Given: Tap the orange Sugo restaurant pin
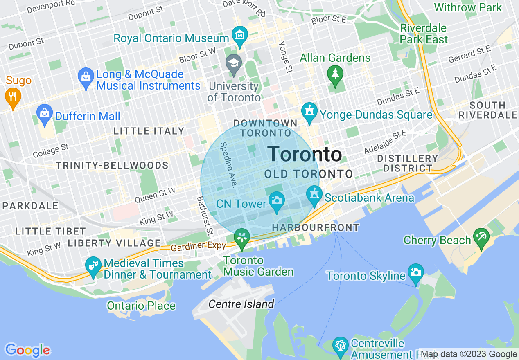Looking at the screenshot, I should [13, 97].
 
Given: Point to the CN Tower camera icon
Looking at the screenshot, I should [277, 200].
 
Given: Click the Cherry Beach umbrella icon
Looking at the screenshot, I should [481, 237].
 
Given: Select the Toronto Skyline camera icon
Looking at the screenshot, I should [415, 273].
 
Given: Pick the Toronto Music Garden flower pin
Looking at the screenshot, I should [242, 238].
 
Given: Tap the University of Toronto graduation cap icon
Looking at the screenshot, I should [234, 64].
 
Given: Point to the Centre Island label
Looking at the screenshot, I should [241, 304].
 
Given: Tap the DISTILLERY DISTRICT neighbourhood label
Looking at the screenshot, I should [407, 163].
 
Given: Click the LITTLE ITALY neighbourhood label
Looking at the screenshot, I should [149, 131].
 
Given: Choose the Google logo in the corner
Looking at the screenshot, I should [27, 350].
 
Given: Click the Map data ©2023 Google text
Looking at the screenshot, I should [469, 354].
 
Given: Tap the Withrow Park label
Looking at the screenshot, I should [468, 7].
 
